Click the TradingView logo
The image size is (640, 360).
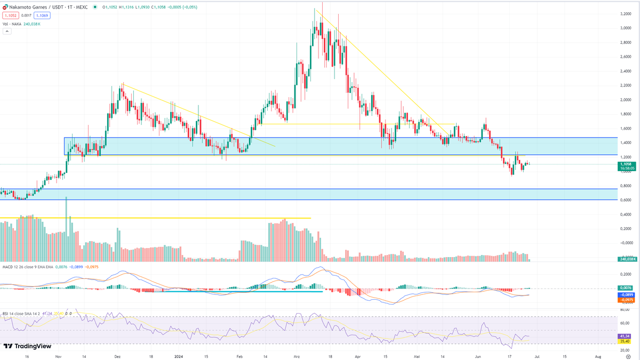tap(23, 346)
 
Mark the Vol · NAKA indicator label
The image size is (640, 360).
tap(12, 24)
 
